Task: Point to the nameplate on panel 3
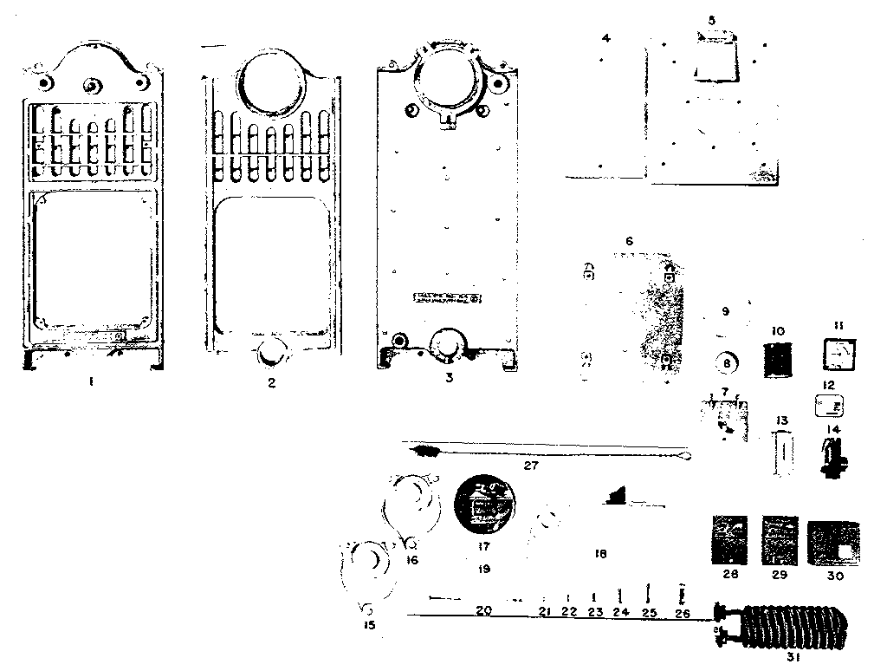coord(448,297)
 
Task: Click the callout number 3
coord(447,378)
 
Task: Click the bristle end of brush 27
coord(426,451)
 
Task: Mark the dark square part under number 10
coord(777,360)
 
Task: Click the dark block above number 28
coord(728,540)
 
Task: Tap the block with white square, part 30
coord(833,544)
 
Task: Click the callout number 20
coord(483,611)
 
